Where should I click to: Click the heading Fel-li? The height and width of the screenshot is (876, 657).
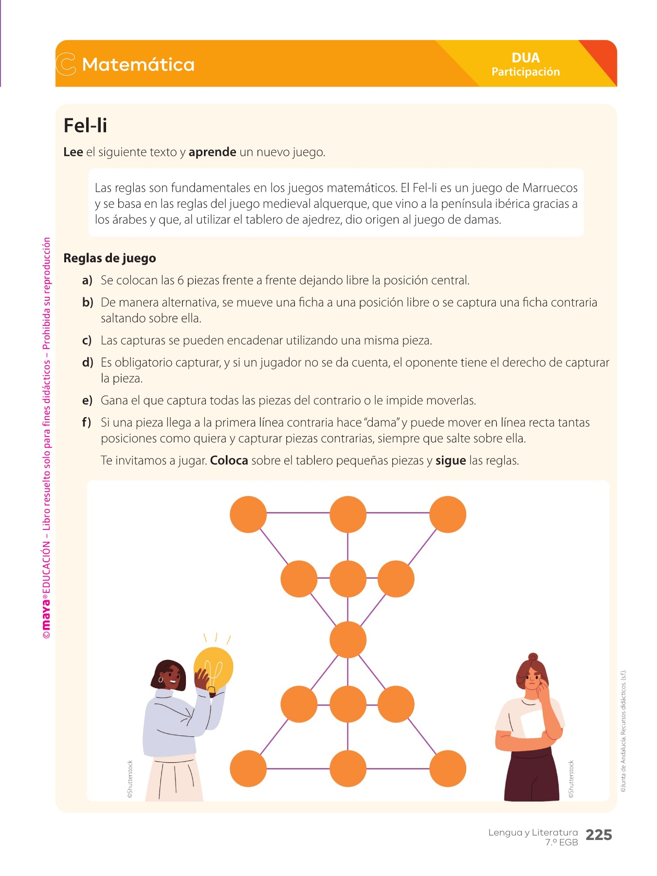(x=85, y=126)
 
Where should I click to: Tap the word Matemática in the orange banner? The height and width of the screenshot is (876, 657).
(x=138, y=64)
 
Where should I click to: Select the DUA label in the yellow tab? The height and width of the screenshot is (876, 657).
(x=526, y=57)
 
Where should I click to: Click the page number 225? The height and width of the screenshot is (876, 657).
(x=599, y=835)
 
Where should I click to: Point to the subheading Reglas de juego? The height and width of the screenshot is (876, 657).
(x=109, y=258)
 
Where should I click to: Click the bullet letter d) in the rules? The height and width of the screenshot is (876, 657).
(x=88, y=363)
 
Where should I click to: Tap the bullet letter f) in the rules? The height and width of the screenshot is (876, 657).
(x=87, y=422)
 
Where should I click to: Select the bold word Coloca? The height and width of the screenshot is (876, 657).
(x=229, y=460)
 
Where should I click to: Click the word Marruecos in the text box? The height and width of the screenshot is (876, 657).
(x=549, y=188)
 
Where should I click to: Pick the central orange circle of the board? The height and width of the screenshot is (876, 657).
(x=347, y=639)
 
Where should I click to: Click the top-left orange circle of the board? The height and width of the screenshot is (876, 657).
(x=248, y=514)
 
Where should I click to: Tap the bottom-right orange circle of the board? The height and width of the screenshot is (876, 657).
(x=448, y=768)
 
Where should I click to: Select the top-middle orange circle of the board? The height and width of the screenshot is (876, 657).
(x=347, y=514)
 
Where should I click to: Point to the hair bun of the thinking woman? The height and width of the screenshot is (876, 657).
(x=533, y=657)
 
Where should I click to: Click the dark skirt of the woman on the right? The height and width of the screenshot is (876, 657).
(x=531, y=774)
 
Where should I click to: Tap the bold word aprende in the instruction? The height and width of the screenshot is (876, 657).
(x=212, y=152)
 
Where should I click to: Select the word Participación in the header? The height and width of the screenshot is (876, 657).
(x=526, y=72)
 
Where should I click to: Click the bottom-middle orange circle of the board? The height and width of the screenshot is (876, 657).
(x=347, y=768)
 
